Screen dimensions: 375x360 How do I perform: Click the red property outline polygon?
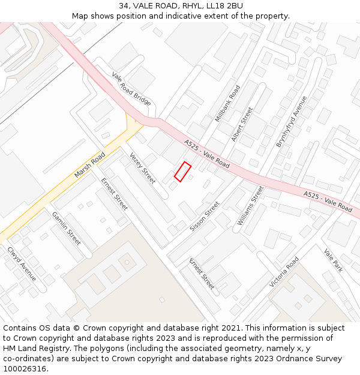pos(182,172)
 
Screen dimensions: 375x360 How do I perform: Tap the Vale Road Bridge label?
pos(131,89)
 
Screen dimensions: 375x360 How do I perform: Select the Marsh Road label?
pos(90,164)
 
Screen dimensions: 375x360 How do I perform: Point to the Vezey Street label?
pos(142,167)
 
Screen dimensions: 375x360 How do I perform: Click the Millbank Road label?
pos(227,103)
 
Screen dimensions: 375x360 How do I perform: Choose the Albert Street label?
pos(242,124)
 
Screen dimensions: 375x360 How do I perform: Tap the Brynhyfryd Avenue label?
pos(292,121)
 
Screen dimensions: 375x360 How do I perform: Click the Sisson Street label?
pos(205,217)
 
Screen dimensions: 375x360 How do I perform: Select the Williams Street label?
pos(250,206)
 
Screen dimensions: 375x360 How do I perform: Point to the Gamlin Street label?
pos(66,229)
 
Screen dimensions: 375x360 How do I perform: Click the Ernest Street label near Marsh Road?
pos(114,194)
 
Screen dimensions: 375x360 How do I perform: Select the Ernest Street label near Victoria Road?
pos(202,274)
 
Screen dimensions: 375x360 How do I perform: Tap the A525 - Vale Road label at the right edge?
pos(328,202)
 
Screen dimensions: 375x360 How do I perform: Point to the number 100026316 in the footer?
pos(25,368)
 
